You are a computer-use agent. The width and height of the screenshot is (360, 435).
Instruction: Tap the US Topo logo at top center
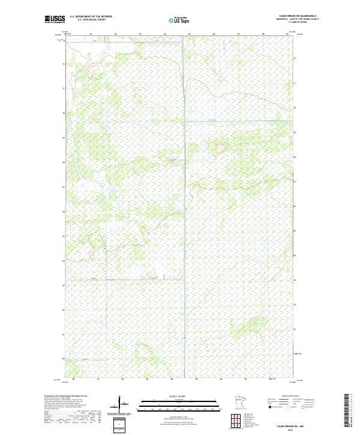[x=180, y=20]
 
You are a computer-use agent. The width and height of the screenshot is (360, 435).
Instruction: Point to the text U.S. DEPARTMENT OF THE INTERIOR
[x=91, y=17]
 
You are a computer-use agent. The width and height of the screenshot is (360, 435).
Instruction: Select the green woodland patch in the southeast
[x=246, y=328]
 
